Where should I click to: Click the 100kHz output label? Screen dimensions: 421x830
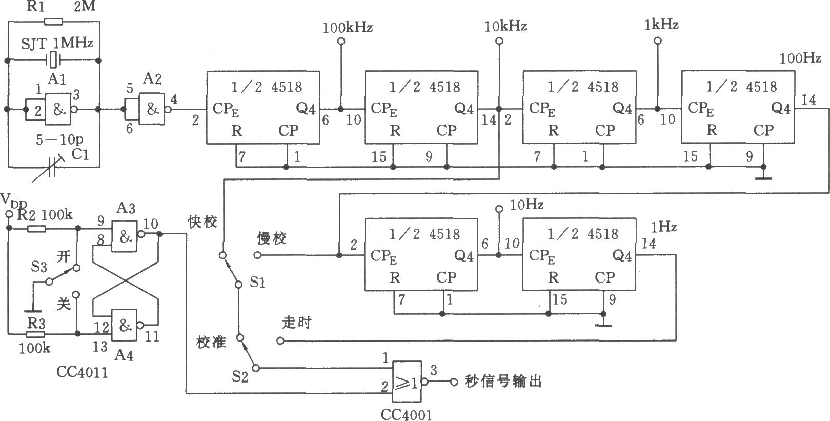pos(347,27)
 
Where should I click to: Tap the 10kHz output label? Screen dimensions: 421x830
pos(505,26)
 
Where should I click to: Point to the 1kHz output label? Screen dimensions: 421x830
pos(662,24)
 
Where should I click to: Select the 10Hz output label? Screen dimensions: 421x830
pos(527,206)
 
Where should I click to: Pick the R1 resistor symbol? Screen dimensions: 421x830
pos(53,22)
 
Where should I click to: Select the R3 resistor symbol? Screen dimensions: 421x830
pos(32,334)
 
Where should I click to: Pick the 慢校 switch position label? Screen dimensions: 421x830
pos(272,238)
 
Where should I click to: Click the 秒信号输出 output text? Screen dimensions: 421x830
pos(502,382)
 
